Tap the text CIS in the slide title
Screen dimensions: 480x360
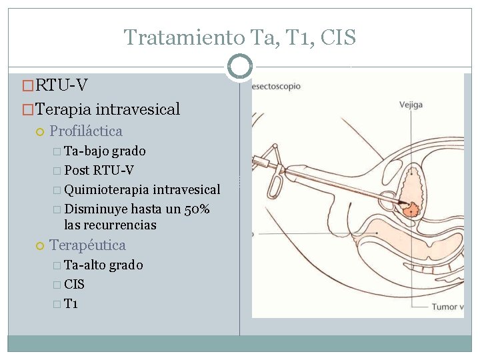[338, 37]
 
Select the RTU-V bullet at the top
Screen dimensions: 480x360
[61, 85]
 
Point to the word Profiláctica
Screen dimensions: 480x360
[86, 131]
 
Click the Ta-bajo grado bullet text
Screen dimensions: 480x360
[105, 151]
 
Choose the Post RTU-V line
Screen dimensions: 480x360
[99, 170]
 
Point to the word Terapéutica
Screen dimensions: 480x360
[87, 245]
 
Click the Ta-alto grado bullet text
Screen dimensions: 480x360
[103, 265]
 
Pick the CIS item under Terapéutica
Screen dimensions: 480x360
[74, 285]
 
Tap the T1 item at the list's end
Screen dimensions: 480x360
[71, 304]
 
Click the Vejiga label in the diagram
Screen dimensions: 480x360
[411, 105]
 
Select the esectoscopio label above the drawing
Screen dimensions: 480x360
[276, 86]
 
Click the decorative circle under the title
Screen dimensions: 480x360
[239, 67]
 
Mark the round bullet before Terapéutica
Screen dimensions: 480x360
[40, 246]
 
